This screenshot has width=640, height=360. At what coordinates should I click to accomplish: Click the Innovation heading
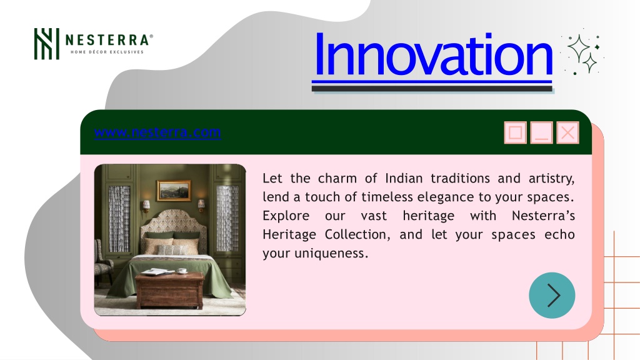(433, 54)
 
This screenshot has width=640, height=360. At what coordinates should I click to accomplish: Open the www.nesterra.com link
(157, 132)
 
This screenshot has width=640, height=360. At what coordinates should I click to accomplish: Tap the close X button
(567, 132)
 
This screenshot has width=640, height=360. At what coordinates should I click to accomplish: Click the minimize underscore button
(541, 132)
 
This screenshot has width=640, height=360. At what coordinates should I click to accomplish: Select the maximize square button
(515, 132)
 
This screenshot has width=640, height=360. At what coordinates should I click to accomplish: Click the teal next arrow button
(552, 295)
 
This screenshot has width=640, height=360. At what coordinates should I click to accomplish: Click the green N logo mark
(46, 44)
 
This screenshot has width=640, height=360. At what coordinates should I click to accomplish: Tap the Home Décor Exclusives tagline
(107, 52)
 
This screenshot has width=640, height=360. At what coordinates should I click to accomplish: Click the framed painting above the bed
(174, 191)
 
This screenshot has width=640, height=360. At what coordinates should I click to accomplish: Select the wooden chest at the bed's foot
(169, 290)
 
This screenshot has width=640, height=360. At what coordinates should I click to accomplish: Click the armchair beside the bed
(102, 261)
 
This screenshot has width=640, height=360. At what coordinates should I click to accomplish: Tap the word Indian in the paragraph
(404, 178)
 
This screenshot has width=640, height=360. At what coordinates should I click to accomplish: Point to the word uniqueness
(331, 254)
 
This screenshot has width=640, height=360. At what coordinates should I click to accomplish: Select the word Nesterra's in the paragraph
(543, 216)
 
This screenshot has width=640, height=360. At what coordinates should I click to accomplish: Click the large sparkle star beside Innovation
(578, 48)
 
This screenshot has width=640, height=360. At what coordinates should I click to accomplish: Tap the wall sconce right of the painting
(201, 204)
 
